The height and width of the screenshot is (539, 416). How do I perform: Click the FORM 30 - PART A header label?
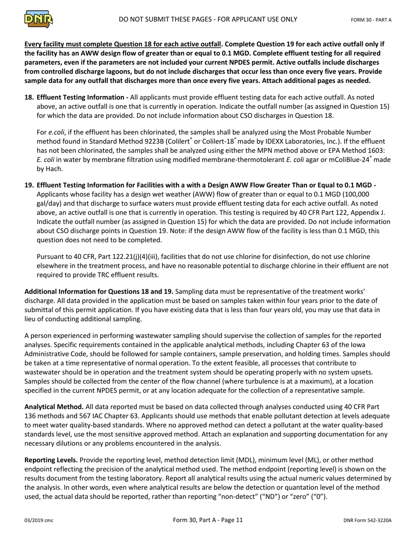(371, 20)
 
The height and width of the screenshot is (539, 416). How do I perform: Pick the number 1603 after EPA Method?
(377, 150)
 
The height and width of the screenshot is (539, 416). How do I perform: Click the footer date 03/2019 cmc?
(39, 521)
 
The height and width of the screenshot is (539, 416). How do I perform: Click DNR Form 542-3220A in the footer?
(367, 521)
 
